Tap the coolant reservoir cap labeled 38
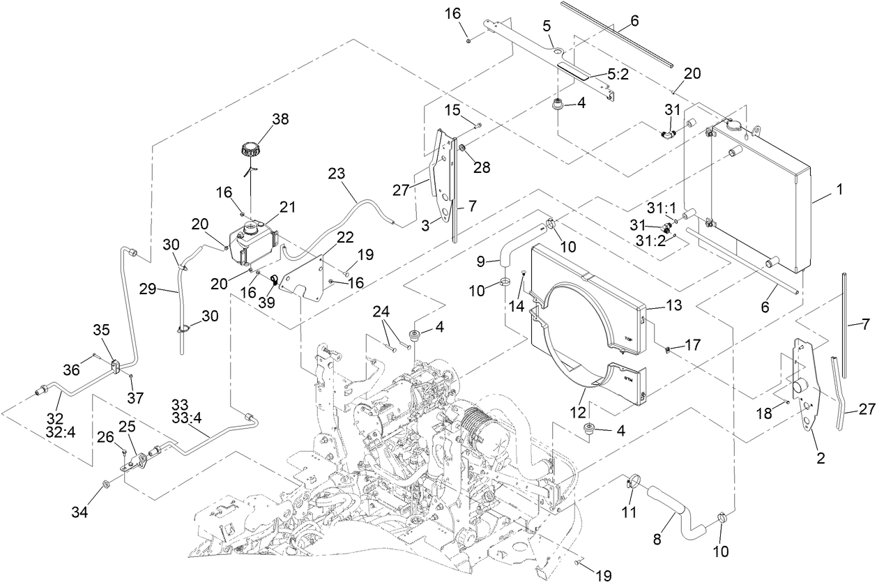pyautogui.click(x=251, y=149)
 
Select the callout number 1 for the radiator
pyautogui.click(x=840, y=189)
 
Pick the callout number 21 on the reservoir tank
pyautogui.click(x=287, y=206)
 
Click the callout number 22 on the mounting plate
pyautogui.click(x=326, y=238)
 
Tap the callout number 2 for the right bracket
pyautogui.click(x=821, y=458)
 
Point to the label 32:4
pyautogui.click(x=55, y=432)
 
